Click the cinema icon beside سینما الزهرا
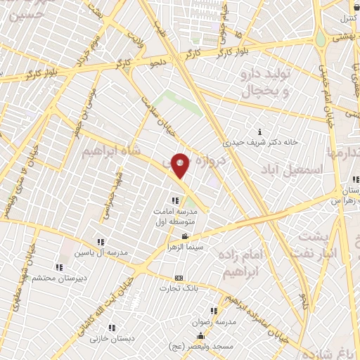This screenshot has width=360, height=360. [x=184, y=236]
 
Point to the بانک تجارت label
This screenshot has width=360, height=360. [x=176, y=288]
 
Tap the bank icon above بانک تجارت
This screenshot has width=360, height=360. [x=178, y=278]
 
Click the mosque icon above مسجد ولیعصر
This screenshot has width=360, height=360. [x=200, y=335]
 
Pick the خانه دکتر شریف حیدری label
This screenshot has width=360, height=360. [x=261, y=141]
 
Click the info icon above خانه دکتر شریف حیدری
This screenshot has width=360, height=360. [x=260, y=131]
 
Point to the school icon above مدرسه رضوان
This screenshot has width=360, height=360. [x=213, y=311]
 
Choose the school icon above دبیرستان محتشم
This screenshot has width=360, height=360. [x=59, y=267]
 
